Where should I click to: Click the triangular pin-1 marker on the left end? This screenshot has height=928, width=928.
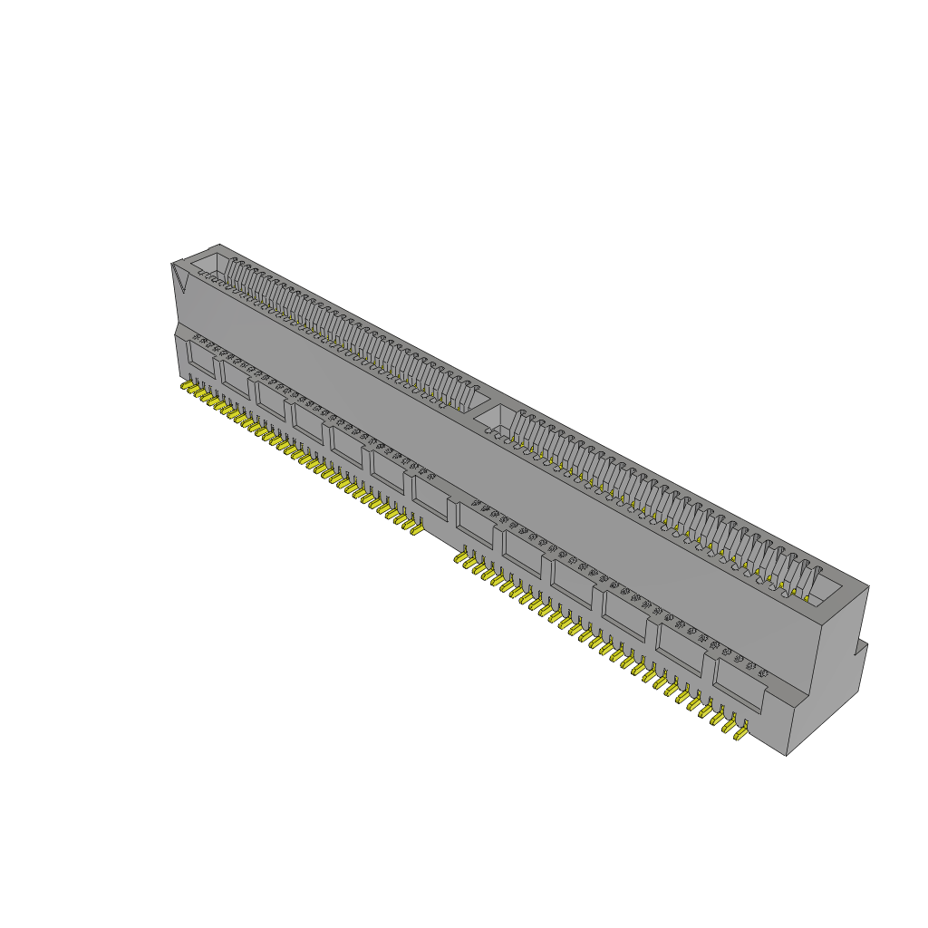(x=180, y=278)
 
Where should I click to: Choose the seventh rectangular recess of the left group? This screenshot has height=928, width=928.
(x=430, y=498)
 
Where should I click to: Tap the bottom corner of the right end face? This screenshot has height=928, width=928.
(x=786, y=754)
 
